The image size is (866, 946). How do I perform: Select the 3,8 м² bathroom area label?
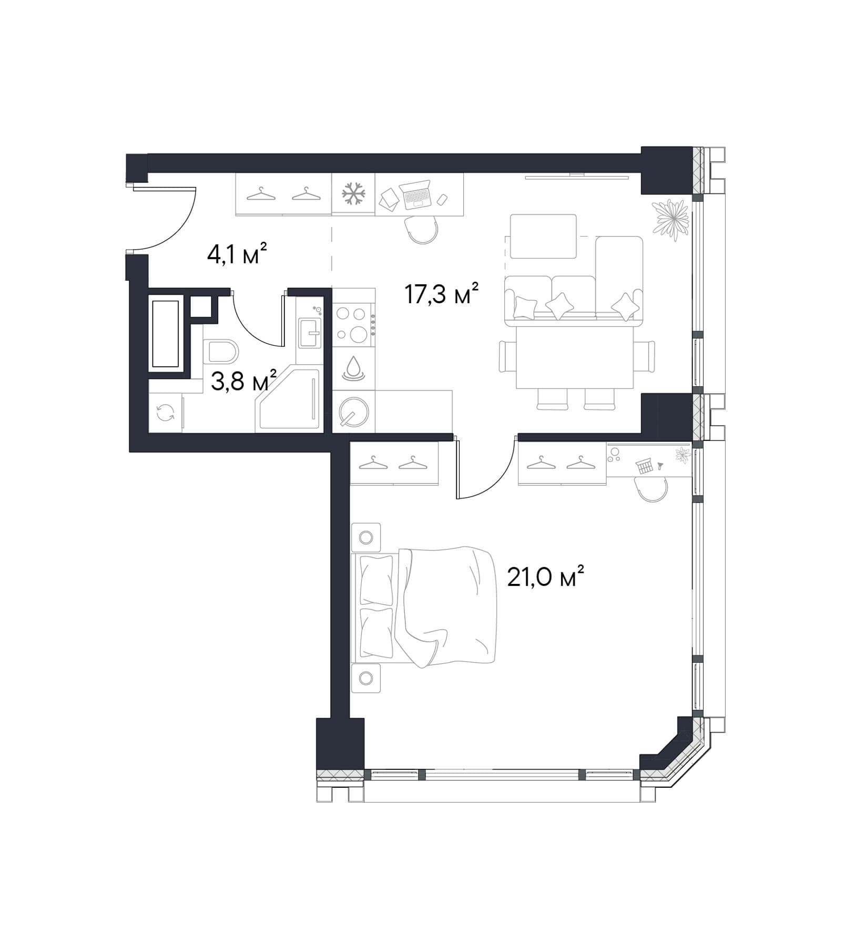(243, 381)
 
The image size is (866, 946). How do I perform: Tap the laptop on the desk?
(415, 194)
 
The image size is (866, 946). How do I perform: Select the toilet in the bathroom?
(221, 351)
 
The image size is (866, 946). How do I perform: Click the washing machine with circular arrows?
(166, 413)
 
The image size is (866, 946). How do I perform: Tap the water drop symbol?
(353, 368)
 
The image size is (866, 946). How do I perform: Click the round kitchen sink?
(353, 411)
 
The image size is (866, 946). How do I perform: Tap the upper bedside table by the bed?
(366, 537)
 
